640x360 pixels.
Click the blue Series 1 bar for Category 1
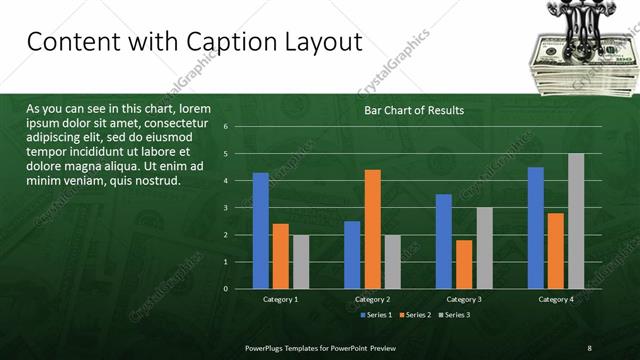[260, 230]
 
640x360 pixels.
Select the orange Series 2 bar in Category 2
[372, 229]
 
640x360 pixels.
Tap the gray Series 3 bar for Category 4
[575, 221]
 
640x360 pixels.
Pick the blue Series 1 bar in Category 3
[444, 241]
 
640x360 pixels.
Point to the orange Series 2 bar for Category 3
[464, 264]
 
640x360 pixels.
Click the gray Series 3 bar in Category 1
[300, 261]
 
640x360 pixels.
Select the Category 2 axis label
[372, 299]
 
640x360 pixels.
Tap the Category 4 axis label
[556, 299]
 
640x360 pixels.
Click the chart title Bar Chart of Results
[413, 110]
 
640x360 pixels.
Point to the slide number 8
[588, 347]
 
